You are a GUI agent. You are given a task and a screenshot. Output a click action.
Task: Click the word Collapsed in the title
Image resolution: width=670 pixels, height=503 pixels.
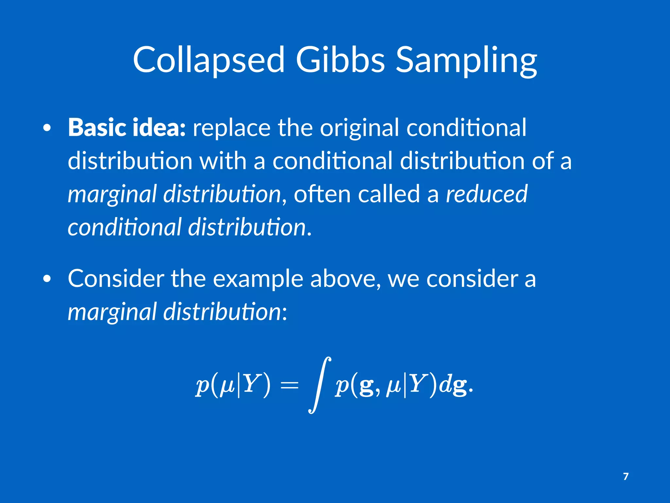[208, 60]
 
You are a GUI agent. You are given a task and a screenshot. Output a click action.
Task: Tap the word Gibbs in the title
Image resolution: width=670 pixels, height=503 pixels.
[340, 60]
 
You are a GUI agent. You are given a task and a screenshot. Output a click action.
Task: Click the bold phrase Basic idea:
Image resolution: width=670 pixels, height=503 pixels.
[127, 127]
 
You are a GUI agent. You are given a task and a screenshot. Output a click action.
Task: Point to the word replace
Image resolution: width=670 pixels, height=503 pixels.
[231, 128]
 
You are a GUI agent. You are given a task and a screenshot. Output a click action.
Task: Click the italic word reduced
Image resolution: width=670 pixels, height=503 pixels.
[486, 194]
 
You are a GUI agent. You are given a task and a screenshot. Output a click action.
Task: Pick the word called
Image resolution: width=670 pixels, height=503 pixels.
[389, 194]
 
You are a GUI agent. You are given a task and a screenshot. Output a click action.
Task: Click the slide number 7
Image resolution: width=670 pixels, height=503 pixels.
[626, 476]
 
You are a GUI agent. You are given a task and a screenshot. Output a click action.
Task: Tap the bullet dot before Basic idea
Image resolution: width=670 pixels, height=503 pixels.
[47, 128]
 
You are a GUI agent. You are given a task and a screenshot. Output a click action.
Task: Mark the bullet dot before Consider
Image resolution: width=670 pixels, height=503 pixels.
[47, 279]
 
